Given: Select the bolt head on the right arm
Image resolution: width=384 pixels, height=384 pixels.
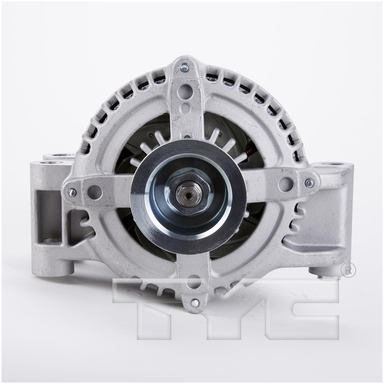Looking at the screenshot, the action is click(x=309, y=183).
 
